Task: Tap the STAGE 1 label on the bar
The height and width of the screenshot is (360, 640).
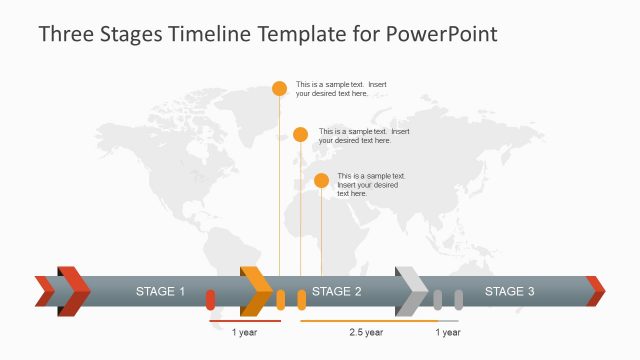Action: (x=161, y=292)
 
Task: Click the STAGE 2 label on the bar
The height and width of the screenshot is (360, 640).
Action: (x=337, y=292)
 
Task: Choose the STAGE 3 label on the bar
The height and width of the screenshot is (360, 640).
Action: (x=510, y=292)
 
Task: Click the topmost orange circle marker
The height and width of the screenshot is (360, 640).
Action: (x=279, y=88)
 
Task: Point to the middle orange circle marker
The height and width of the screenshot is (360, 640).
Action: (x=300, y=134)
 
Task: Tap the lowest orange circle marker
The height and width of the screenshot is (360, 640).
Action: (x=321, y=180)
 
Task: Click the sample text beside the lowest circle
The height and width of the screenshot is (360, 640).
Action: (x=370, y=184)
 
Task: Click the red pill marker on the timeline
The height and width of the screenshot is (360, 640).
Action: (x=210, y=299)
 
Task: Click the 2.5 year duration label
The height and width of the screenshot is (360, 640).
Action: (x=366, y=332)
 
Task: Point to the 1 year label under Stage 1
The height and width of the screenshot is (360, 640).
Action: (x=244, y=332)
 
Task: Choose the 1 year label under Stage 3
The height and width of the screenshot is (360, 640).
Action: (x=448, y=332)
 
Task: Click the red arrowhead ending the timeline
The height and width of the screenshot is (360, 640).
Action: (x=596, y=291)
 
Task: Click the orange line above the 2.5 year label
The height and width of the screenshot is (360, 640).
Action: (x=366, y=321)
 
